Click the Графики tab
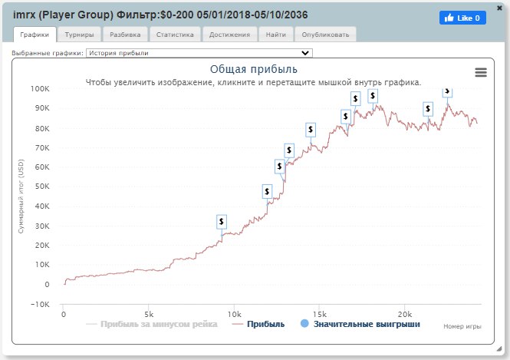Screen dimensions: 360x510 point(35,35)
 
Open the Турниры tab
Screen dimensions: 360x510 point(80,35)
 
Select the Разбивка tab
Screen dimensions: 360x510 point(125,35)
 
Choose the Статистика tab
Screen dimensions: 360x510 point(175,35)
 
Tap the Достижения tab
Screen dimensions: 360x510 point(229,35)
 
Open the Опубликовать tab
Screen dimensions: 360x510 point(325,35)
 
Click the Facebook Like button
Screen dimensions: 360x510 point(462,18)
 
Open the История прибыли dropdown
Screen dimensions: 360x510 point(199,53)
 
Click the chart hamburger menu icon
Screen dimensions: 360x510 point(481,72)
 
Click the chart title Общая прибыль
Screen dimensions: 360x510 point(253,69)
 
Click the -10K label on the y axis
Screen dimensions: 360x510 point(38,304)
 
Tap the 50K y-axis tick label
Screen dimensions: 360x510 point(41,187)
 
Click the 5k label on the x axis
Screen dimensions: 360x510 point(149,313)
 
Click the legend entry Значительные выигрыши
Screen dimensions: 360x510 point(360,325)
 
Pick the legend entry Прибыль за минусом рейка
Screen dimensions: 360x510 point(153,325)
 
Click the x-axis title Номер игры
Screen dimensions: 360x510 point(462,326)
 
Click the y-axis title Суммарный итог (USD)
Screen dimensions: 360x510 point(21,197)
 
